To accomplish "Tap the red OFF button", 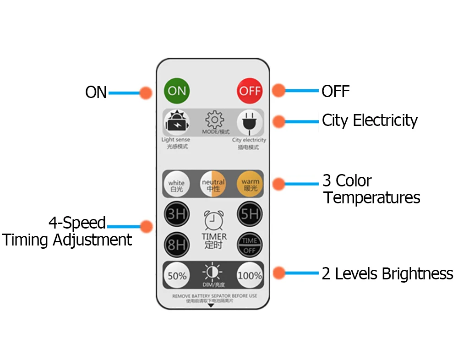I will pyautogui.click(x=250, y=90).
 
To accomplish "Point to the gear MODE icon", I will pyautogui.click(x=214, y=120).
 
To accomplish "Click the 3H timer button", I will pyautogui.click(x=177, y=214).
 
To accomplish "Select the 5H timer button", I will pyautogui.click(x=250, y=214).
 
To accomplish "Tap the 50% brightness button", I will pyautogui.click(x=177, y=275).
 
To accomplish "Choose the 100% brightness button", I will pyautogui.click(x=250, y=275).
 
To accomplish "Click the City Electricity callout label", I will pyautogui.click(x=370, y=120).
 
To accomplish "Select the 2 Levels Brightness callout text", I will pyautogui.click(x=387, y=274).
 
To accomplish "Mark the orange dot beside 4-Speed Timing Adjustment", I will pyautogui.click(x=146, y=226).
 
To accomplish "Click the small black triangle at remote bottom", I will pyautogui.click(x=211, y=305).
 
